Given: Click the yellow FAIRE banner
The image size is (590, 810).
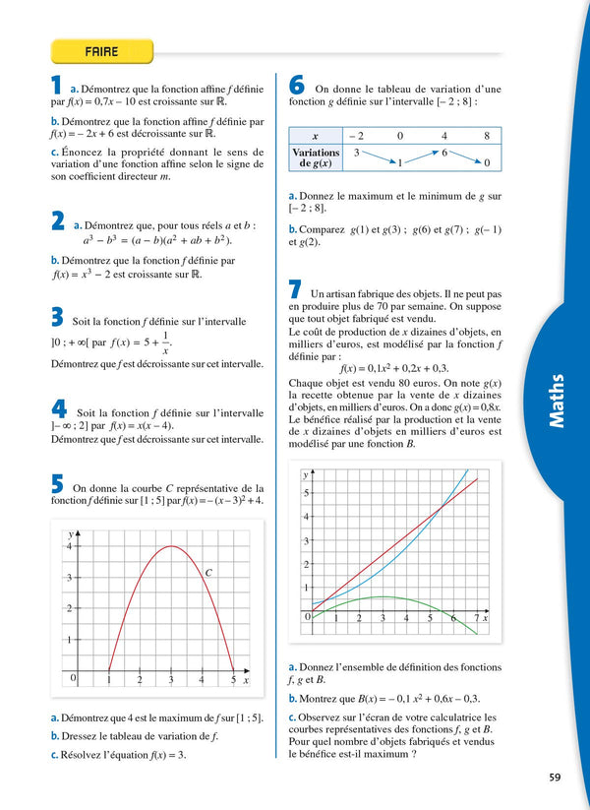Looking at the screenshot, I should (102, 50).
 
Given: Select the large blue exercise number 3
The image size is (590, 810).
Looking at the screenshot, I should (58, 317).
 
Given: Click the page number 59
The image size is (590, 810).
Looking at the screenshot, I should (555, 778).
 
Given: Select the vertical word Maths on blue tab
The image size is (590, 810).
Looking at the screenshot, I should (557, 401).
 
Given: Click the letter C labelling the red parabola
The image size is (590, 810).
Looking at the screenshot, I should (208, 571).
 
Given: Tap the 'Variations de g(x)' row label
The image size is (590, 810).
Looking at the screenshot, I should (316, 158).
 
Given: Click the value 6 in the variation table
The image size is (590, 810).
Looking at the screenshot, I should (444, 153).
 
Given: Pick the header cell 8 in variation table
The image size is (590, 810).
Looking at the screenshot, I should (486, 136).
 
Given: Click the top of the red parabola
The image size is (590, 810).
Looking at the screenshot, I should (171, 546).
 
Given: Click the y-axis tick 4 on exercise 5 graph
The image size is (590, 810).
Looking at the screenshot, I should (69, 546).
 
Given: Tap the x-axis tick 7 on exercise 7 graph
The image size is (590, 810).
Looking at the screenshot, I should (477, 618).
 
